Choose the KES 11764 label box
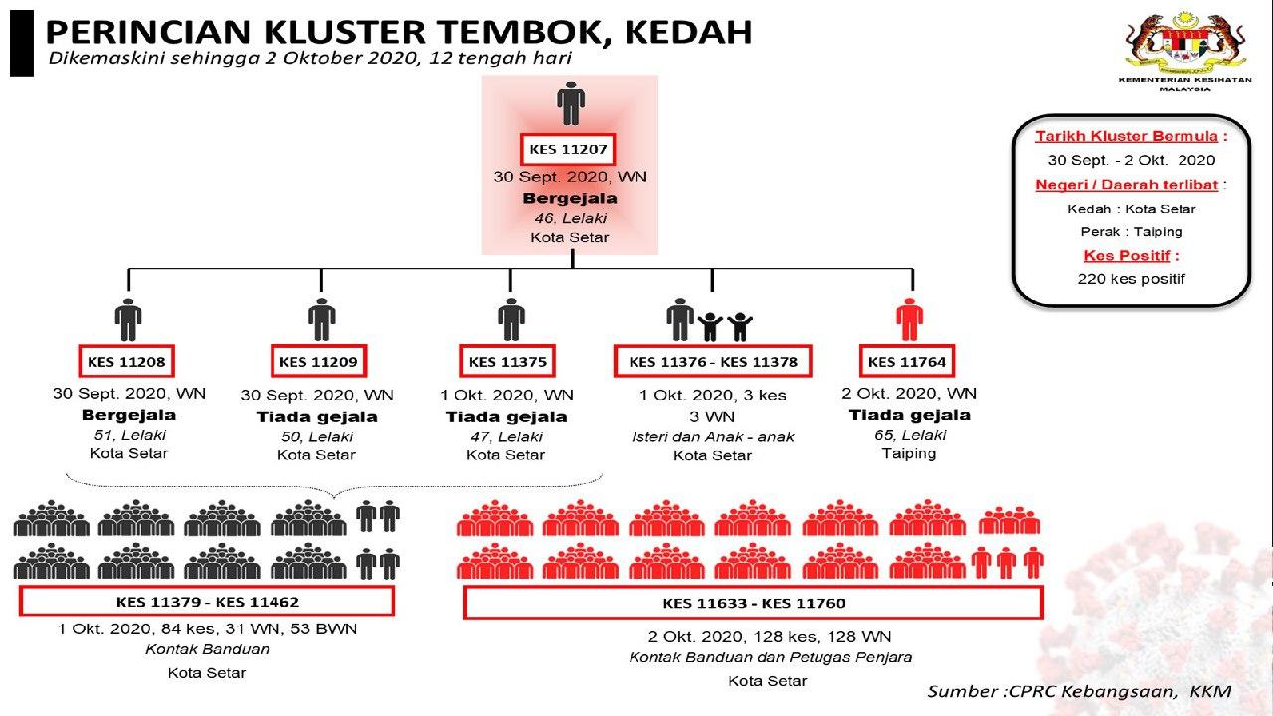pyautogui.click(x=906, y=361)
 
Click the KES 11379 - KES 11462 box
pyautogui.click(x=207, y=602)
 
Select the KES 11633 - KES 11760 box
pyautogui.click(x=754, y=603)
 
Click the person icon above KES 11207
pyautogui.click(x=570, y=103)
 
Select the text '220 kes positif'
pyautogui.click(x=1131, y=279)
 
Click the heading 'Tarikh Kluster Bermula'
pyautogui.click(x=1130, y=136)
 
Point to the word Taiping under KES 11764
pyautogui.click(x=908, y=453)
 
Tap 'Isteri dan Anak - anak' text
pyautogui.click(x=712, y=436)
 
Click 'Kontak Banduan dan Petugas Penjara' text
pyautogui.click(x=771, y=657)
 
